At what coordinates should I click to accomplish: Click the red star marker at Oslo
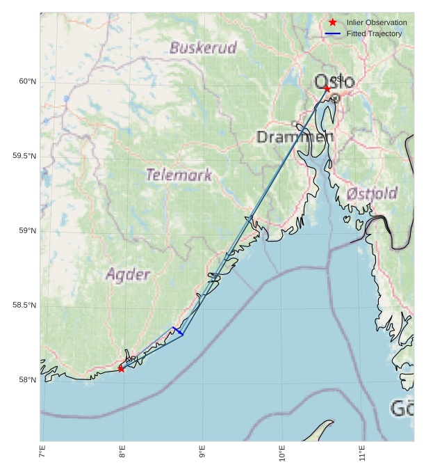click(327, 88)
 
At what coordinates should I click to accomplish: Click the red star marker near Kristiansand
click(121, 368)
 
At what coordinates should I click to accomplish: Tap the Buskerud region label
click(203, 48)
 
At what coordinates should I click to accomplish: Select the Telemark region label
click(179, 175)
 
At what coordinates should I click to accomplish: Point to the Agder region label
click(128, 274)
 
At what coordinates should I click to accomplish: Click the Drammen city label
click(295, 136)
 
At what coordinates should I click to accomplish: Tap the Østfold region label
click(372, 193)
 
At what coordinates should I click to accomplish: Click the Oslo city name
click(334, 82)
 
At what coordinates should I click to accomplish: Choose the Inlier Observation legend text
click(377, 22)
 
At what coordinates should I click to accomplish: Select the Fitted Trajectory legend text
click(374, 33)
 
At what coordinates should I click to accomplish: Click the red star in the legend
click(333, 22)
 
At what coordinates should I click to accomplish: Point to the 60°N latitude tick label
click(27, 81)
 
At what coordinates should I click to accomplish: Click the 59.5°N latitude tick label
click(24, 156)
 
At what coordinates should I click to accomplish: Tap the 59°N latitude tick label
click(27, 230)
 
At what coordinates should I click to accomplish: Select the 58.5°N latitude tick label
click(24, 305)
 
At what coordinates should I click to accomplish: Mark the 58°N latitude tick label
click(27, 379)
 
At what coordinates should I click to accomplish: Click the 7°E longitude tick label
click(42, 455)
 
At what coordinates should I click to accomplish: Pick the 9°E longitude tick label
click(202, 455)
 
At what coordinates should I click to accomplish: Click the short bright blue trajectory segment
click(178, 331)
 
